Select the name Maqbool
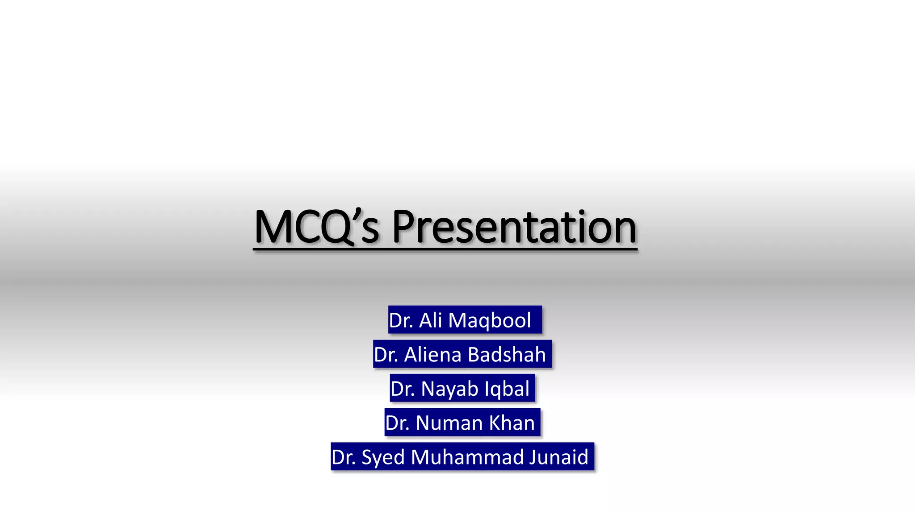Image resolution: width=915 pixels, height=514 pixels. click(489, 320)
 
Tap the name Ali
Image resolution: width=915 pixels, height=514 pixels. click(430, 320)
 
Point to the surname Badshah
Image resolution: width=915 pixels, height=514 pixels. click(507, 355)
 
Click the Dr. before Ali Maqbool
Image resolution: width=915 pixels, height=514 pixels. click(400, 320)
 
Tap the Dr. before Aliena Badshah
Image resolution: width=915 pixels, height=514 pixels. click(386, 355)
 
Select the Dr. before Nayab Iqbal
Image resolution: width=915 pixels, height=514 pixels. click(402, 389)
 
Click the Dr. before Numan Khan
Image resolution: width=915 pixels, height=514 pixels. click(397, 423)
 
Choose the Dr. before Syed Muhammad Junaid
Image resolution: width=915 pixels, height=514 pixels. click(343, 457)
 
